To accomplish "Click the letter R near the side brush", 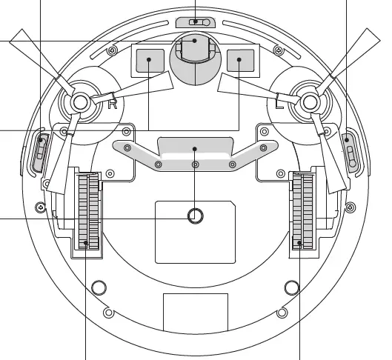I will click(x=113, y=103).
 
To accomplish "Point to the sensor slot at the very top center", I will click(x=195, y=22).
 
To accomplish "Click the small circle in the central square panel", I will click(x=195, y=216).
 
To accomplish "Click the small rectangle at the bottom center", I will click(x=195, y=312).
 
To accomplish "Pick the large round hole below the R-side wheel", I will click(x=96, y=287).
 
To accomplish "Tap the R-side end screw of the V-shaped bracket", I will click(x=127, y=148).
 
